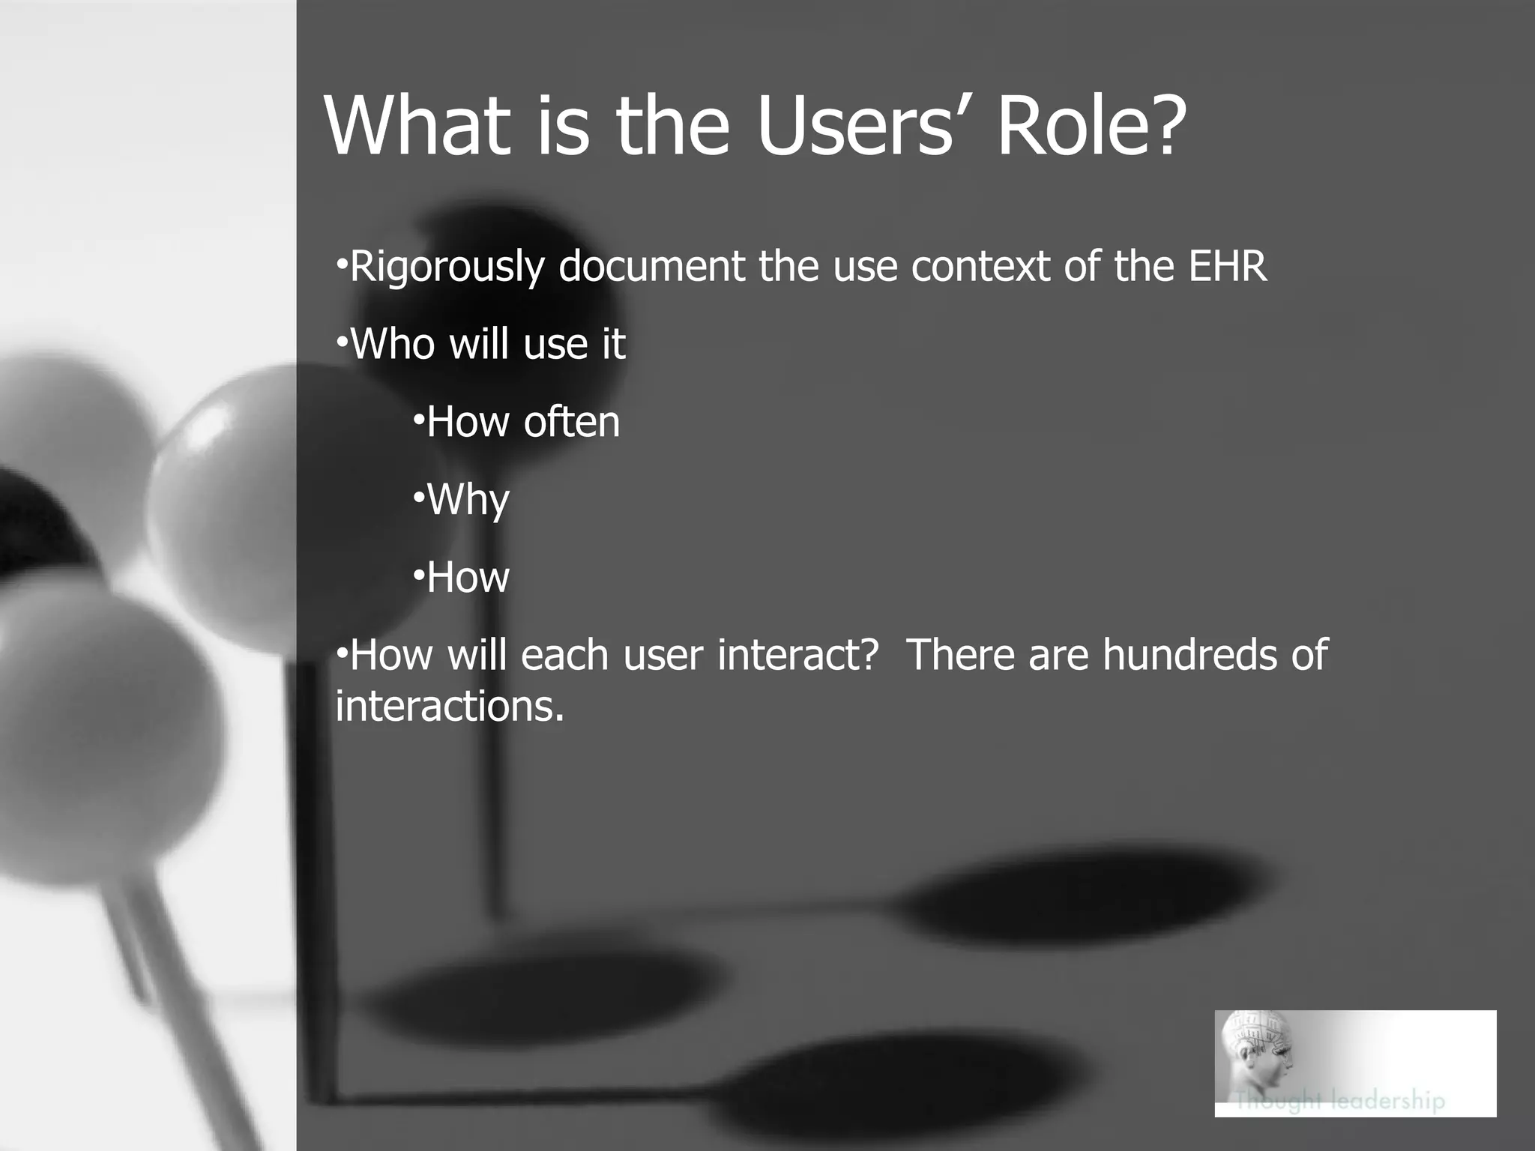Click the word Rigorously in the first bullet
pyautogui.click(x=447, y=267)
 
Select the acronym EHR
pyautogui.click(x=1228, y=266)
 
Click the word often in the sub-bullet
pyautogui.click(x=572, y=422)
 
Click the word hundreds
pyautogui.click(x=1189, y=654)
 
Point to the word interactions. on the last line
pyautogui.click(x=449, y=706)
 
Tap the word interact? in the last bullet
pyautogui.click(x=797, y=654)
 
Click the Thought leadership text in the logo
pyautogui.click(x=1340, y=1100)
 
